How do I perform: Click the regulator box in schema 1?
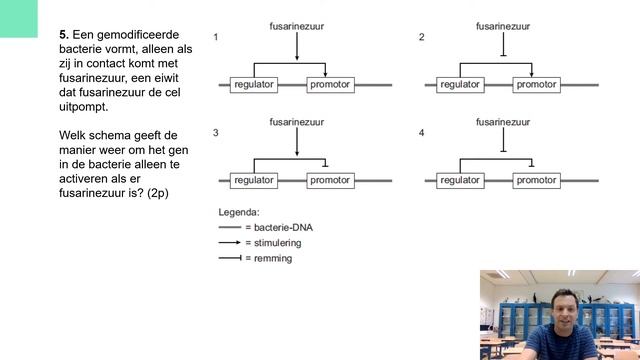pyautogui.click(x=253, y=85)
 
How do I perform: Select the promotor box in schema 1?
pyautogui.click(x=330, y=85)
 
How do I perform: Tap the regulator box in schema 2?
pyautogui.click(x=460, y=85)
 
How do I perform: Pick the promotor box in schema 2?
pyautogui.click(x=536, y=85)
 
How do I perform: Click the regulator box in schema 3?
pyautogui.click(x=253, y=181)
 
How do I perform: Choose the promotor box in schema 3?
pyautogui.click(x=330, y=181)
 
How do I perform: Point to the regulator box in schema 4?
pyautogui.click(x=460, y=181)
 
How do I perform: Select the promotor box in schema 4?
pyautogui.click(x=536, y=181)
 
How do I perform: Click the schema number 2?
pyautogui.click(x=421, y=37)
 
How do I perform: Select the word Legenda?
pyautogui.click(x=239, y=212)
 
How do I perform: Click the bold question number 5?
pyautogui.click(x=63, y=33)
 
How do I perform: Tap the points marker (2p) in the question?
pyautogui.click(x=155, y=192)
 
